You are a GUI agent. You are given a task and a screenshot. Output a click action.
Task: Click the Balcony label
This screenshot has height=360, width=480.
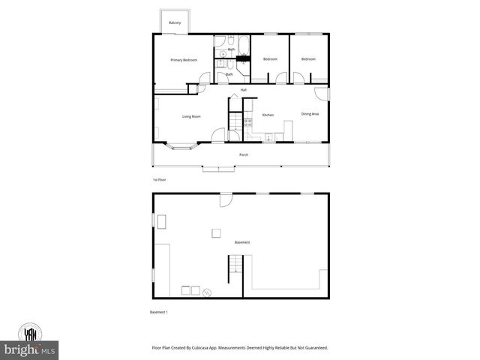point(174,22)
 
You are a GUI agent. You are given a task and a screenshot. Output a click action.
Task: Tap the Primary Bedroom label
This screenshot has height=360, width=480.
point(184,60)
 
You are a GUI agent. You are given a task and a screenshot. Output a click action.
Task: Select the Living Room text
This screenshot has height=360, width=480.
point(191,116)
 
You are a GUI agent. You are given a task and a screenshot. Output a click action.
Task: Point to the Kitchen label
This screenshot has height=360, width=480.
point(268,115)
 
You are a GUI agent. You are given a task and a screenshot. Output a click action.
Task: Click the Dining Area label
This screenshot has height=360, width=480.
point(310,114)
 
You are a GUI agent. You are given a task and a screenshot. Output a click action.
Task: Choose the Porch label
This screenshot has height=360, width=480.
point(244,154)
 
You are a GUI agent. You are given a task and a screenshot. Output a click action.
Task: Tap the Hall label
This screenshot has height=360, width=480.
point(244,90)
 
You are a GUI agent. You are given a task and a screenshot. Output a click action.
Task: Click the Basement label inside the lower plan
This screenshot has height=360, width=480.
point(242,242)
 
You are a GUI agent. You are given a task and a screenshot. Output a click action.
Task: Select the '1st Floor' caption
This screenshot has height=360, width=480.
point(160,181)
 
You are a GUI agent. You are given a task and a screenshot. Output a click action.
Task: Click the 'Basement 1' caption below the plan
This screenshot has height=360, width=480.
point(159,311)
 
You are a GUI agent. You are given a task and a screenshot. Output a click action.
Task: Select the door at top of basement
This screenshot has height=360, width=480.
point(225,199)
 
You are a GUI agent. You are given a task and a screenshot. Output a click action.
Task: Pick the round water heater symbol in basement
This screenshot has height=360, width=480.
point(208,292)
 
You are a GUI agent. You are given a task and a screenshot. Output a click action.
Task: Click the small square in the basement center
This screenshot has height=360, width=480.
point(216,232)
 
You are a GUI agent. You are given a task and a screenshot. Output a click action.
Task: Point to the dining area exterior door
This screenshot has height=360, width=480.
point(325,93)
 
